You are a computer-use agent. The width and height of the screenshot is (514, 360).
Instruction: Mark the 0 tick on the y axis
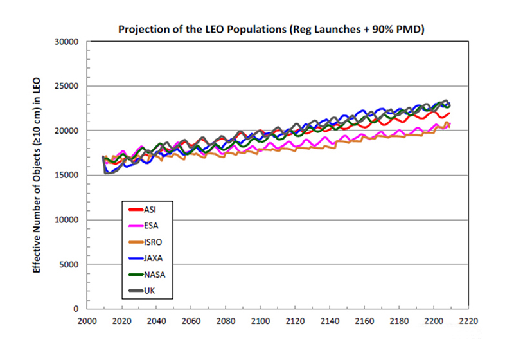75,309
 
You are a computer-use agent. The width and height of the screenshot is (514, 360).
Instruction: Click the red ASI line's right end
450,114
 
